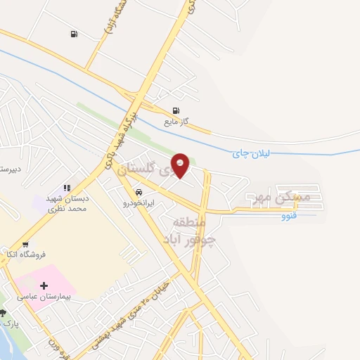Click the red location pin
[x=181, y=165]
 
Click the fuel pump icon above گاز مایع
[x=176, y=110]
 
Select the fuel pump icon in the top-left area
[x=74, y=34]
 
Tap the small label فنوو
[x=289, y=216]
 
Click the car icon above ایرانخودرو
[x=139, y=192]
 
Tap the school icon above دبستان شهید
[x=67, y=188]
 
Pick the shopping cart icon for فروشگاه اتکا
[x=26, y=245]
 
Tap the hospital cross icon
[x=44, y=285]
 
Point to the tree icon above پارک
[x=3, y=312]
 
